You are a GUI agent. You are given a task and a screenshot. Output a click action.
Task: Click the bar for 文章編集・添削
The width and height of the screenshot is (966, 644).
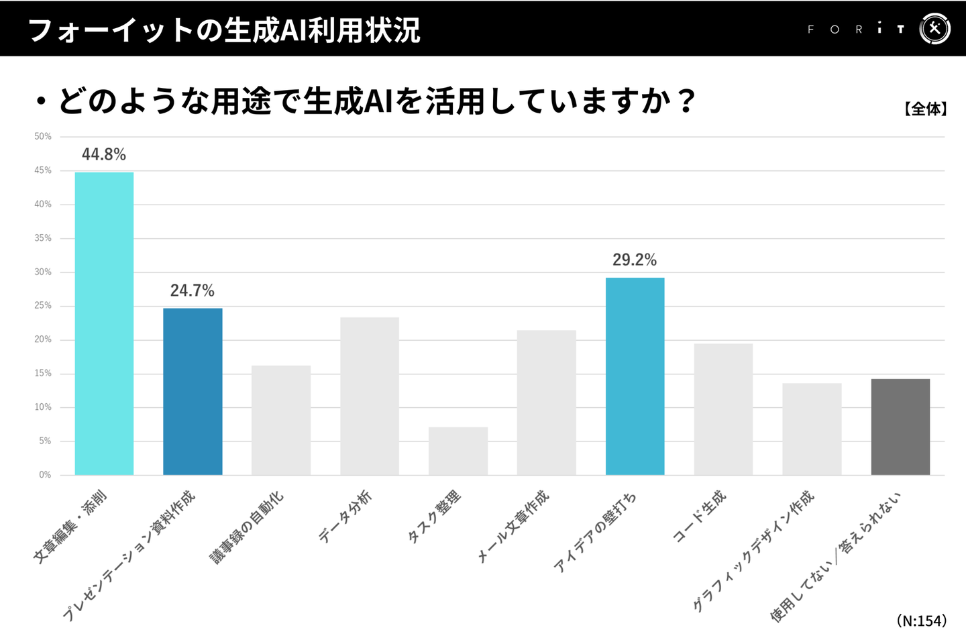click(104, 323)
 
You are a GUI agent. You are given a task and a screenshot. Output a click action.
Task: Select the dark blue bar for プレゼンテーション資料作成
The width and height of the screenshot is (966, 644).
click(193, 392)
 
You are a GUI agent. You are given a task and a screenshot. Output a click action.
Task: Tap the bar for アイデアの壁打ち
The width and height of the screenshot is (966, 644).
click(635, 376)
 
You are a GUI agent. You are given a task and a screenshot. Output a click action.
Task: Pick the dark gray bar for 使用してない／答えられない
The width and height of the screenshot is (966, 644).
click(900, 427)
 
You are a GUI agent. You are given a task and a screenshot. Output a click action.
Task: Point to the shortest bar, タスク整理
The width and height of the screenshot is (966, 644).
click(458, 451)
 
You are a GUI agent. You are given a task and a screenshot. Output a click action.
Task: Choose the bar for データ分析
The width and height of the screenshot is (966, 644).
click(370, 396)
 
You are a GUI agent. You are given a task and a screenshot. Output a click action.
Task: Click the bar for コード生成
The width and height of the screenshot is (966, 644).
click(723, 409)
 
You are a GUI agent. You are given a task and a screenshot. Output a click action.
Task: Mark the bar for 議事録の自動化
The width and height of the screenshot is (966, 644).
click(281, 420)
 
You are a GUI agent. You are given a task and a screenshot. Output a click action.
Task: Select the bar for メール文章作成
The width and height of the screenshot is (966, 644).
click(546, 402)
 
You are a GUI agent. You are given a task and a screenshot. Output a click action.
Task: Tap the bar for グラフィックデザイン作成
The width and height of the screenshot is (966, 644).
click(812, 429)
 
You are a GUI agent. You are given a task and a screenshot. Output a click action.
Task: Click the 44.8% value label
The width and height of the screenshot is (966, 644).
click(104, 154)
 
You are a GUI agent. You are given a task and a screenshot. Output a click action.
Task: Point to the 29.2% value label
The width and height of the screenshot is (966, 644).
click(635, 260)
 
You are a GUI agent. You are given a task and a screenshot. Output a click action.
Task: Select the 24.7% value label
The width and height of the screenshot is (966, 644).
click(193, 290)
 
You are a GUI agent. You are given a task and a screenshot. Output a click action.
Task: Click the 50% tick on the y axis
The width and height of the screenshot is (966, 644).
click(43, 136)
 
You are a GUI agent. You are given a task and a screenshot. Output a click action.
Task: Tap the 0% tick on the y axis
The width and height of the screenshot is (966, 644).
click(45, 475)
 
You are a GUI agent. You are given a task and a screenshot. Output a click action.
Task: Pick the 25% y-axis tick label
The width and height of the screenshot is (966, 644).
click(43, 305)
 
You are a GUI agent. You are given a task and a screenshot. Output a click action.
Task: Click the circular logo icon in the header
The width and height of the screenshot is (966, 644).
click(934, 29)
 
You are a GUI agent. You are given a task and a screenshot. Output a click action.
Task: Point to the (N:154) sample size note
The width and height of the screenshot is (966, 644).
click(922, 621)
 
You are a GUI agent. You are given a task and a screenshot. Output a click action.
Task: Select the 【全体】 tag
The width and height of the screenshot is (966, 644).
click(925, 109)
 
